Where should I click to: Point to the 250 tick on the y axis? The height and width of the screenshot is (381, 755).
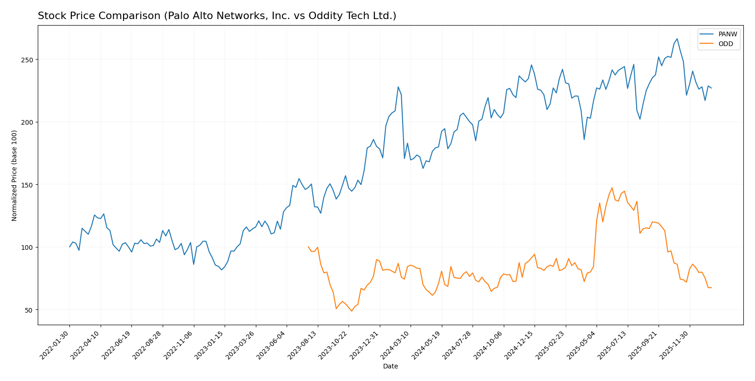click(x=27, y=60)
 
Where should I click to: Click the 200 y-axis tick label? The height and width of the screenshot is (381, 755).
click(x=27, y=122)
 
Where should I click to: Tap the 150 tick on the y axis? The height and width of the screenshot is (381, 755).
click(x=27, y=185)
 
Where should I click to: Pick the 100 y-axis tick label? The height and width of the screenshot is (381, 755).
click(x=27, y=247)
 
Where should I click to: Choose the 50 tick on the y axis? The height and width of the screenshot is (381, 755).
click(x=28, y=310)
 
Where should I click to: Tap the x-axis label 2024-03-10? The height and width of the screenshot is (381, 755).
click(x=396, y=345)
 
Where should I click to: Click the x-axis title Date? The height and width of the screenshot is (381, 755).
click(x=391, y=367)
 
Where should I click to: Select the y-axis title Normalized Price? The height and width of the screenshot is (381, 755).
click(x=14, y=175)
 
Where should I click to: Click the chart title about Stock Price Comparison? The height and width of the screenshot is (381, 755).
click(x=217, y=16)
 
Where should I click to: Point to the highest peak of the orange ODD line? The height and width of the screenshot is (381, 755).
click(x=612, y=188)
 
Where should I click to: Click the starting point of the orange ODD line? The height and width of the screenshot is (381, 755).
click(x=308, y=247)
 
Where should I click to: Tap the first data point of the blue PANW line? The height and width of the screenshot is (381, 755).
click(x=70, y=247)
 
